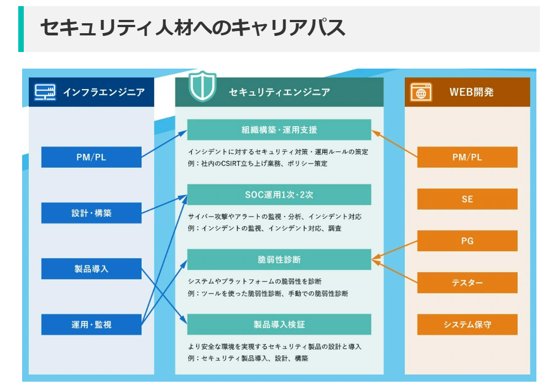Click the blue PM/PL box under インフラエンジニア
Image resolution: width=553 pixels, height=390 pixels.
click(91, 157)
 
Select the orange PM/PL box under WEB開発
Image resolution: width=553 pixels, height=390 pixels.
click(467, 157)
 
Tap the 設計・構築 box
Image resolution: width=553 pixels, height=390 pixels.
click(91, 213)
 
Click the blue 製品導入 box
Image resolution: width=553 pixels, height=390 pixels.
click(91, 269)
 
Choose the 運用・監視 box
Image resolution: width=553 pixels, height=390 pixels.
click(91, 324)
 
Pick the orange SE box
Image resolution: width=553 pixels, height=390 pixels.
click(467, 199)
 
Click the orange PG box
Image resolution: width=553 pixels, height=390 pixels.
click(467, 241)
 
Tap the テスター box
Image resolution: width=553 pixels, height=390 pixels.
click(467, 283)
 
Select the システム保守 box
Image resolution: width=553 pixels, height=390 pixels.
click(467, 324)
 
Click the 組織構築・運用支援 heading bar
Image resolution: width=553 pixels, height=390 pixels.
click(279, 129)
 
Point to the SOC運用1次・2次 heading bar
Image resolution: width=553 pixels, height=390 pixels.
click(279, 195)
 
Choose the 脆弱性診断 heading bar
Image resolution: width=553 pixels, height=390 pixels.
click(279, 259)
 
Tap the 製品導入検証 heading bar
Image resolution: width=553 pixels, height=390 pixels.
click(279, 324)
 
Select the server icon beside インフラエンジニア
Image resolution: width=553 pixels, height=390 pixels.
click(45, 92)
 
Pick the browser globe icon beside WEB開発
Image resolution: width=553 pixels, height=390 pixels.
click(421, 92)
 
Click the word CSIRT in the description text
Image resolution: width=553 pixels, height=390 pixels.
click(231, 164)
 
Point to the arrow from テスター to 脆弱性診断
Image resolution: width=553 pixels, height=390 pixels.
click(395, 272)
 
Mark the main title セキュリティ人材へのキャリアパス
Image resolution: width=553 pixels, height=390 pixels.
click(192, 28)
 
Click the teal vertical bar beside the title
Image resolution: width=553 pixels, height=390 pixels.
click(21, 29)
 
